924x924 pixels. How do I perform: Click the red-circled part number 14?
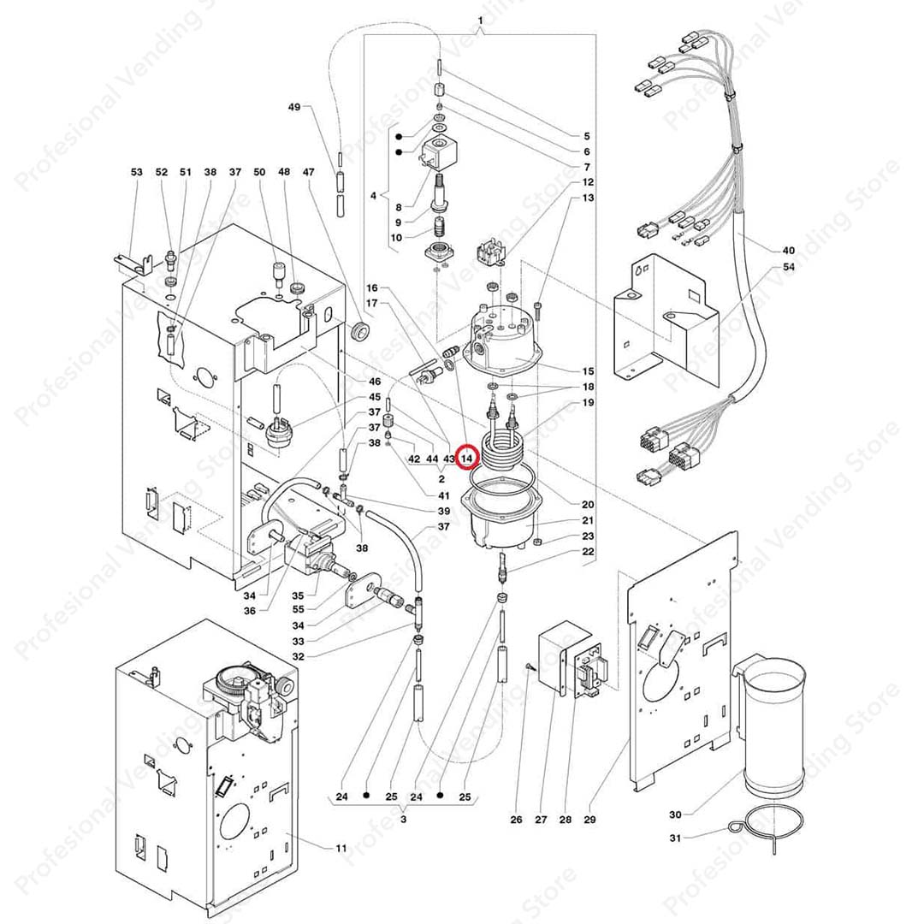coord(466,459)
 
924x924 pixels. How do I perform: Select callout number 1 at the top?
coord(480,20)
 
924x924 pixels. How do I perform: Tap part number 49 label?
coord(294,107)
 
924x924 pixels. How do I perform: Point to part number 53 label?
coord(137,173)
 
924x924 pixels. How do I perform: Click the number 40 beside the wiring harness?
coord(788,252)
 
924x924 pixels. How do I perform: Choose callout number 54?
coord(788,268)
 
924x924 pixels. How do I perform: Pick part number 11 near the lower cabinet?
coord(341,848)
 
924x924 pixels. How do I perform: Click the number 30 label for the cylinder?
coord(675,814)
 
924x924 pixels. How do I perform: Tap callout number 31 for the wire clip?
coord(675,838)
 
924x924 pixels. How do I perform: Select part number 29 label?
coord(589,820)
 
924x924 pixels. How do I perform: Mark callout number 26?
coord(516,820)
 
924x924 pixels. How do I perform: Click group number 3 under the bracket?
coord(403,819)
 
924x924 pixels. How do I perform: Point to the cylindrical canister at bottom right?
coord(773,727)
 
